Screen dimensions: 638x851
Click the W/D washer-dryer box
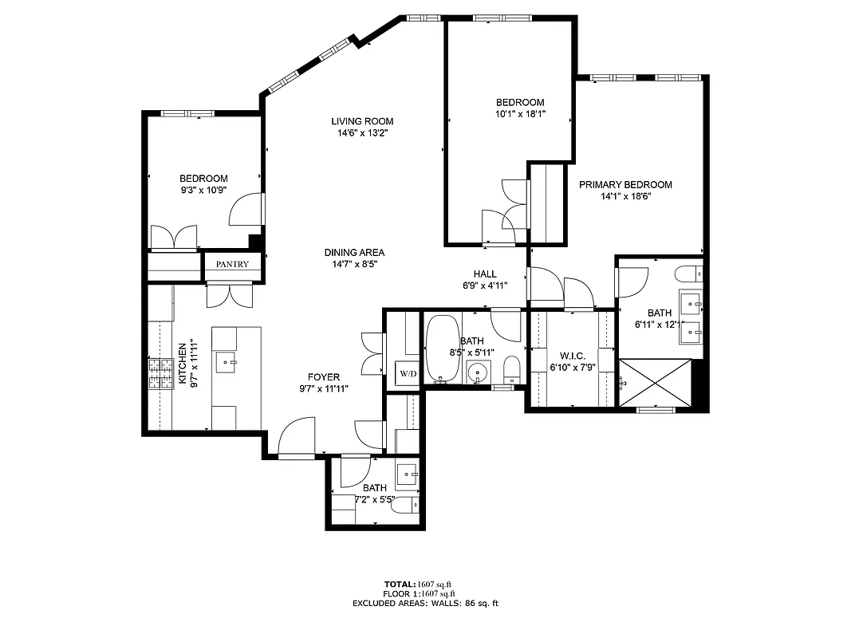click(408, 373)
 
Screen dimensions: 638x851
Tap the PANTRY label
click(232, 264)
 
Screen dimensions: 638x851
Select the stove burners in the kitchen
click(161, 374)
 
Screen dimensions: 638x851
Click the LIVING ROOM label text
click(363, 121)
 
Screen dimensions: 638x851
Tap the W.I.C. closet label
click(573, 356)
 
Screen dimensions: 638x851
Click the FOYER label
click(325, 377)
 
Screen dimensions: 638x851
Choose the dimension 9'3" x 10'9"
click(203, 191)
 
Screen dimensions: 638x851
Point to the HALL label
click(485, 274)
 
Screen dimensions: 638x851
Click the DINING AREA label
click(354, 252)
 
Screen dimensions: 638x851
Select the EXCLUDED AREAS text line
click(424, 604)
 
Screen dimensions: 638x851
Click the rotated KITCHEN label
click(182, 364)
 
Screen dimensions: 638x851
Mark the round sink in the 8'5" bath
click(478, 372)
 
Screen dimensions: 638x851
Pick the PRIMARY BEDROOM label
click(625, 184)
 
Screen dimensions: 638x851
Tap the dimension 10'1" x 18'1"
click(520, 114)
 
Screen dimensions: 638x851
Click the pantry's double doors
click(229, 294)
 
